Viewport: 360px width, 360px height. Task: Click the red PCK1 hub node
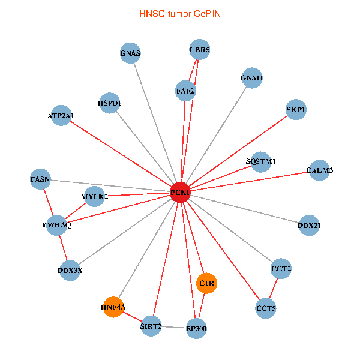(181, 193)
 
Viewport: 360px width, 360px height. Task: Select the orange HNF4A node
(113, 308)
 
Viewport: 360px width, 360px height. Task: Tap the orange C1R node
(206, 283)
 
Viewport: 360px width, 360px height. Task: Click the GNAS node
(130, 53)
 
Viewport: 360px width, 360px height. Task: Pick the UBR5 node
(200, 50)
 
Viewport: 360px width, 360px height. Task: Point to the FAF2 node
(185, 91)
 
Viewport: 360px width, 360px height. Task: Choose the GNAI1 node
(252, 78)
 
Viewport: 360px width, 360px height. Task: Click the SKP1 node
(296, 110)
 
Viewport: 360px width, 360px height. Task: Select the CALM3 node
(319, 170)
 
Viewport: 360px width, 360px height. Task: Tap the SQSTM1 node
(261, 161)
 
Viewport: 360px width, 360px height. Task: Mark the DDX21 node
(309, 226)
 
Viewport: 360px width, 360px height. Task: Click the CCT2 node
(281, 269)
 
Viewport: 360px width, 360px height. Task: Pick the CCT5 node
(266, 308)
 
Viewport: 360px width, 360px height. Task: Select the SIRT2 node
(151, 326)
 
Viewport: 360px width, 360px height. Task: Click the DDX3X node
(70, 270)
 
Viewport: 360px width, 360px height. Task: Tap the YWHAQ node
(57, 225)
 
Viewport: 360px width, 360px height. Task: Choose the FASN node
(41, 179)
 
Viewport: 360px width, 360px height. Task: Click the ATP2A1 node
(61, 115)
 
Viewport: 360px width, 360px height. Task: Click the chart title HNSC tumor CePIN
(179, 13)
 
